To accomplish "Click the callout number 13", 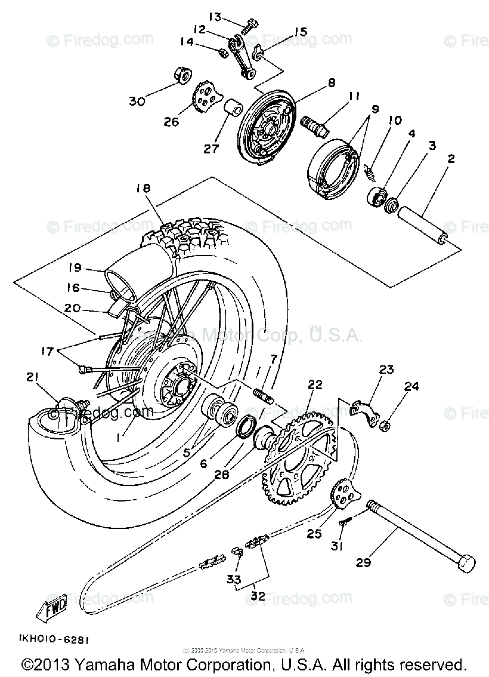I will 215,17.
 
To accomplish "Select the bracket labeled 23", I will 364,411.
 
